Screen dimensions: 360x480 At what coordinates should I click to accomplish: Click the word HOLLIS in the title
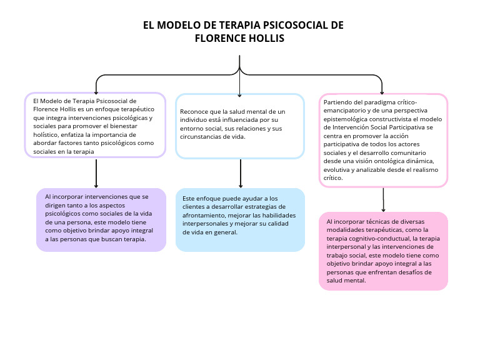click(264, 38)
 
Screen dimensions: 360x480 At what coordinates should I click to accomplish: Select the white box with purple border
click(95, 125)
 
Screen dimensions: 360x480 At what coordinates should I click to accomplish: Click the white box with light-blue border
click(240, 126)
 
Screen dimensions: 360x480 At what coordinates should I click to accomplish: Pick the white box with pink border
click(383, 140)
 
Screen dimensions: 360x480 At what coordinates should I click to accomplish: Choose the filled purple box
click(101, 219)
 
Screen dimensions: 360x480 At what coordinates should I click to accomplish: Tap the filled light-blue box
click(240, 219)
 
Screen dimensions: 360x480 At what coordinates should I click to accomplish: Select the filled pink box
click(383, 251)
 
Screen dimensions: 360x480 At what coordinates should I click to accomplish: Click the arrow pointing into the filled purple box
click(96, 175)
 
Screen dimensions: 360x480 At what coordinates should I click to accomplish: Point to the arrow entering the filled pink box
click(383, 201)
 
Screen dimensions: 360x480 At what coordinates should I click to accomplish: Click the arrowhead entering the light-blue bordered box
click(240, 92)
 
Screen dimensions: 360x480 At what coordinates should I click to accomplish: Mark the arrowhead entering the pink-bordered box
click(382, 92)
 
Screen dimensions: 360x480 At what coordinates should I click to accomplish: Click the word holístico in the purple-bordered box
click(46, 134)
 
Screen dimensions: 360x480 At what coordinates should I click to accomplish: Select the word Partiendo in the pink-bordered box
click(338, 102)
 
